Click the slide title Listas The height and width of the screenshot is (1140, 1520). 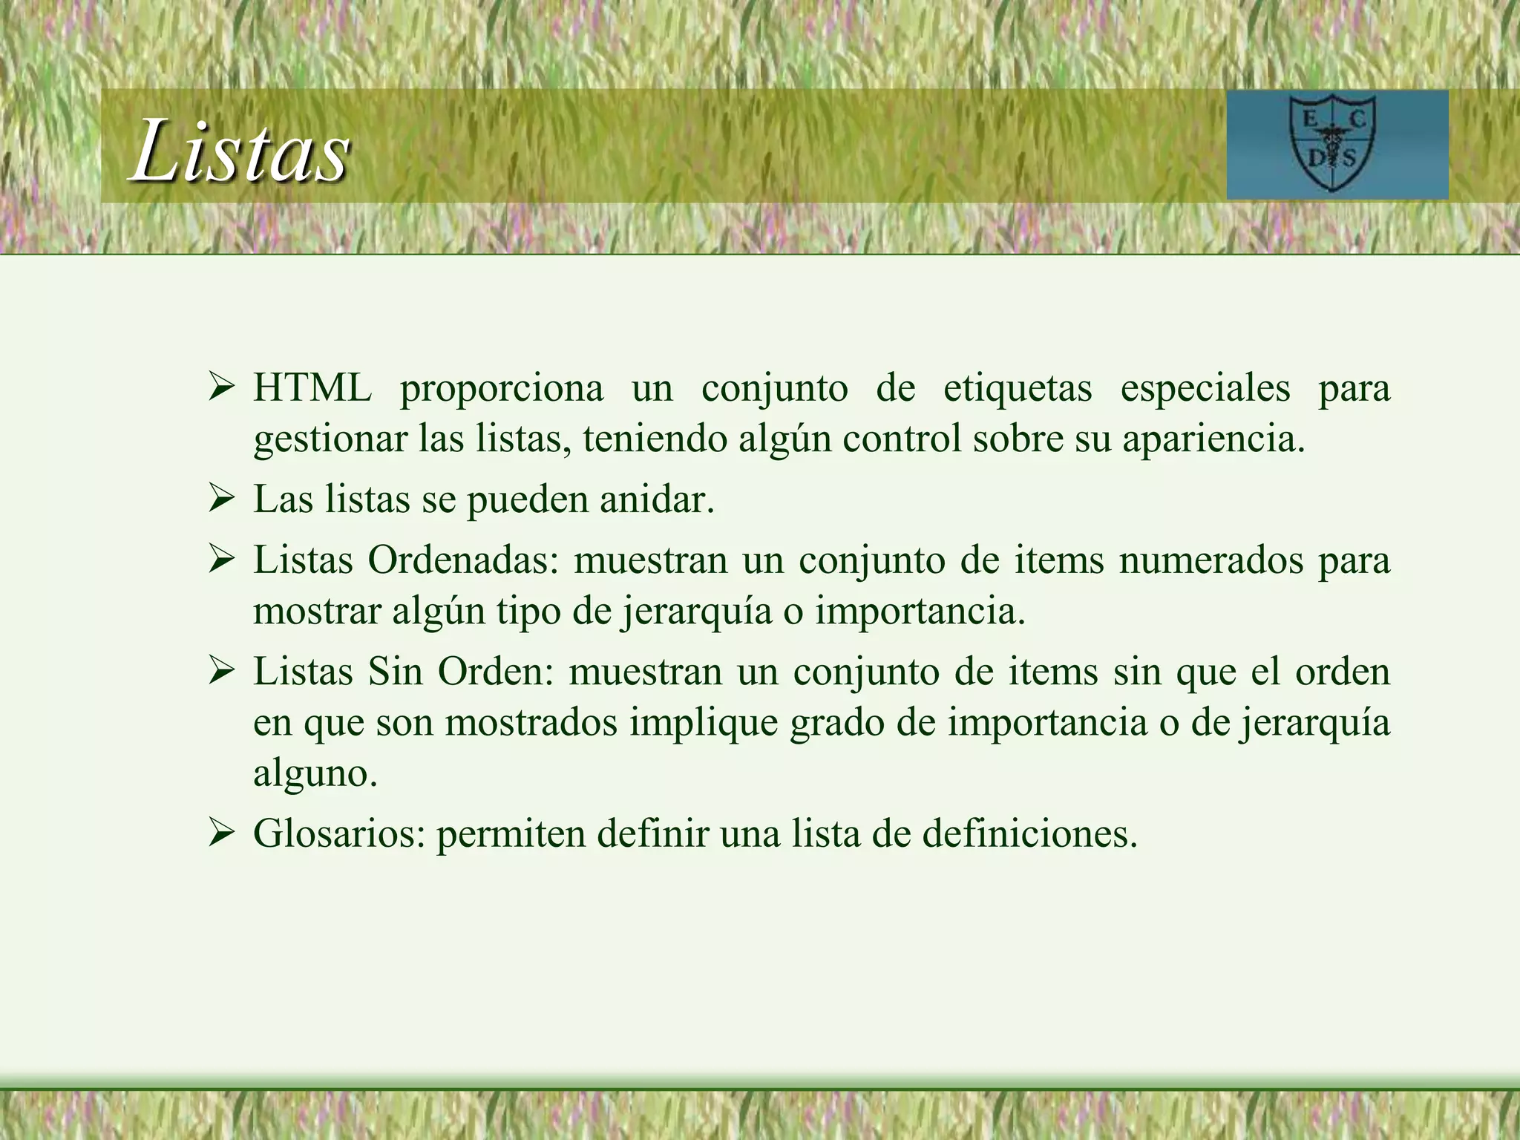240,151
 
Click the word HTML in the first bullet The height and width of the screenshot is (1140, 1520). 312,388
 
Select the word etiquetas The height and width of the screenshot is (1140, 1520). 1018,388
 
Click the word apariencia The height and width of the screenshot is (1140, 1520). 1213,439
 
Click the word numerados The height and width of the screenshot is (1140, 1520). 1211,560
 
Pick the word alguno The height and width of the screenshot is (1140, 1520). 315,774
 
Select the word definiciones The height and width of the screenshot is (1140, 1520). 1029,834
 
